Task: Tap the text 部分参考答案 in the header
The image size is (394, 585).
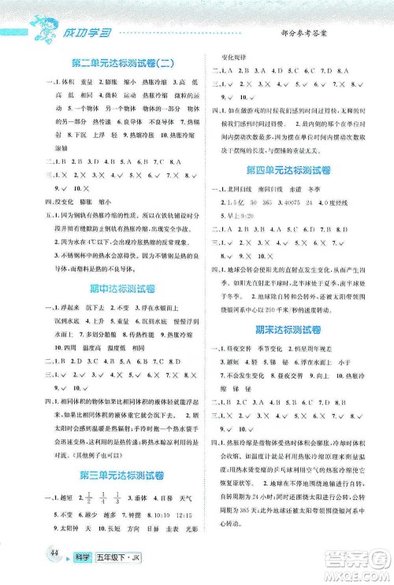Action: pyautogui.click(x=310, y=30)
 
